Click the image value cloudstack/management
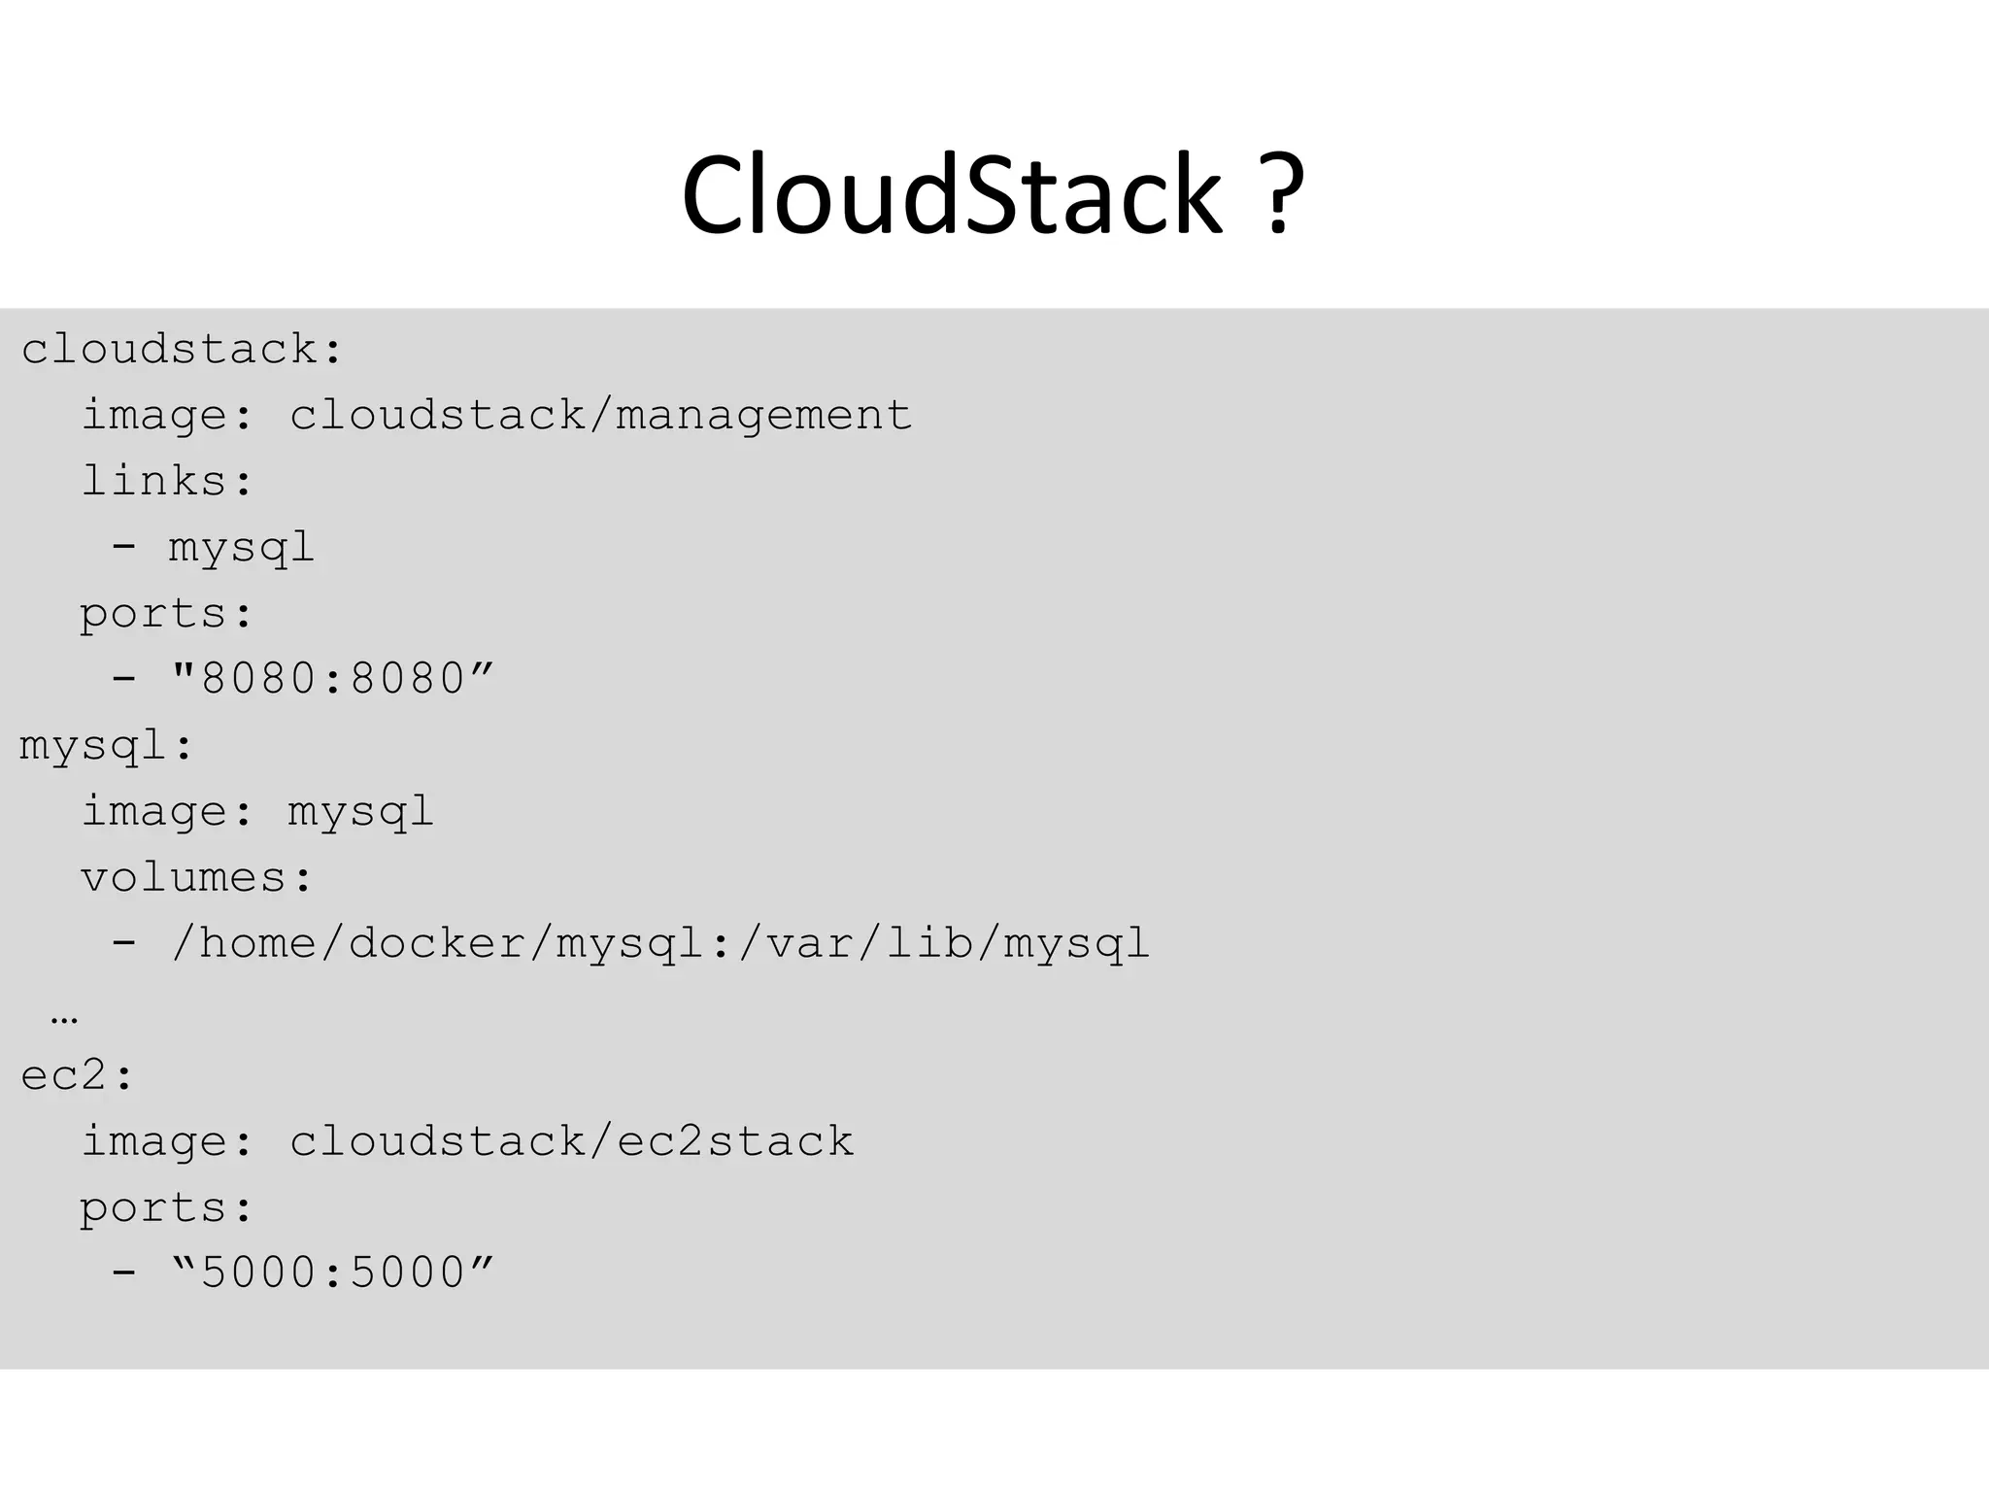600,416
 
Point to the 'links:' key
167,481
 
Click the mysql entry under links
242,547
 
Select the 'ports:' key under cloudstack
167,614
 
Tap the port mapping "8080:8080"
332,678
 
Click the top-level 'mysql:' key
107,746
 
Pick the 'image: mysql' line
257,811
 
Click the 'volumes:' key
197,877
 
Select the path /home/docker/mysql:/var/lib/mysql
660,943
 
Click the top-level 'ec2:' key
78,1075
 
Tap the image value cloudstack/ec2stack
571,1141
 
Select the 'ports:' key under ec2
167,1208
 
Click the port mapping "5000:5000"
332,1272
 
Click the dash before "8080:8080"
123,678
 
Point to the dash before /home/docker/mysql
123,942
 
